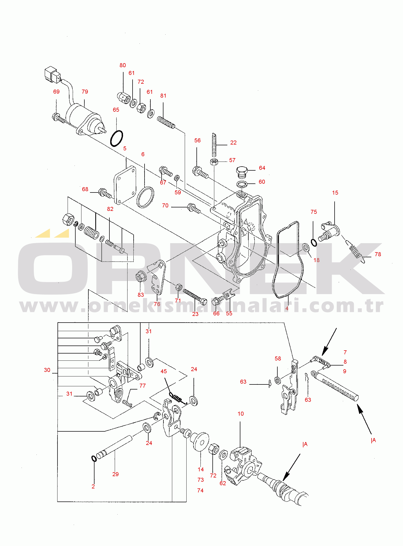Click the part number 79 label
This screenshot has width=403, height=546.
coord(85,92)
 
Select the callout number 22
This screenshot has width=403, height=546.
coord(233,143)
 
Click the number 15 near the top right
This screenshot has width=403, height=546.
coord(335,193)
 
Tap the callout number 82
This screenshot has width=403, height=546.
coord(110,209)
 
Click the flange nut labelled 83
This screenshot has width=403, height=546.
coord(141,276)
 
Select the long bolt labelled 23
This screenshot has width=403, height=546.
coord(195,297)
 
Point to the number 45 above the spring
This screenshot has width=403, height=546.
coord(164,371)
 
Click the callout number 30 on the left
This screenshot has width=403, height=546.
coord(47,370)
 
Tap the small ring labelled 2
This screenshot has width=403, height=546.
coord(93,458)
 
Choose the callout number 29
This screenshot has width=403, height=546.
coord(116,474)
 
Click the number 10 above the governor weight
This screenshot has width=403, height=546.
coord(241,414)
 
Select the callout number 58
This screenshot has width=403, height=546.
coord(278,359)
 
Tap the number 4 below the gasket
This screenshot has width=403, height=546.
coord(287,308)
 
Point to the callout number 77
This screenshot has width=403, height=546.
coord(143,386)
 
